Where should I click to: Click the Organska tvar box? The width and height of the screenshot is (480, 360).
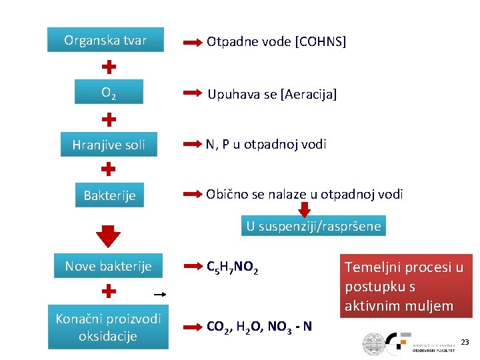coord(105,40)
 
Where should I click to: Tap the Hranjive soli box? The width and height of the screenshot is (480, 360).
coord(109,144)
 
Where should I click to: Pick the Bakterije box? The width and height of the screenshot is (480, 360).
coord(109,195)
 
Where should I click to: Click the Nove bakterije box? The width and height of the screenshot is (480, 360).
coord(108,267)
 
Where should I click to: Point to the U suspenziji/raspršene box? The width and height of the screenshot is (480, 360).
coord(313,226)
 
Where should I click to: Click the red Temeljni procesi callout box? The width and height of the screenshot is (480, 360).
coord(404,286)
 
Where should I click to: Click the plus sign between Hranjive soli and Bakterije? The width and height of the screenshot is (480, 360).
coord(109,170)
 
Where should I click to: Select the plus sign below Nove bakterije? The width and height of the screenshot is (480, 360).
coord(109,291)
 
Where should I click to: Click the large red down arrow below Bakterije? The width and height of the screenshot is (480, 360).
coord(109,235)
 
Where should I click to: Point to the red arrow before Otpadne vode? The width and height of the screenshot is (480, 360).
coord(192,42)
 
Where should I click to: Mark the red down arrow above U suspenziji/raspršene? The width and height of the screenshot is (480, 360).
coord(305,209)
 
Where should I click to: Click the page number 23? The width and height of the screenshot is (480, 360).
coord(465,343)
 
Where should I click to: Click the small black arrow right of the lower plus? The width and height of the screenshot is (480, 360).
coord(159,293)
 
